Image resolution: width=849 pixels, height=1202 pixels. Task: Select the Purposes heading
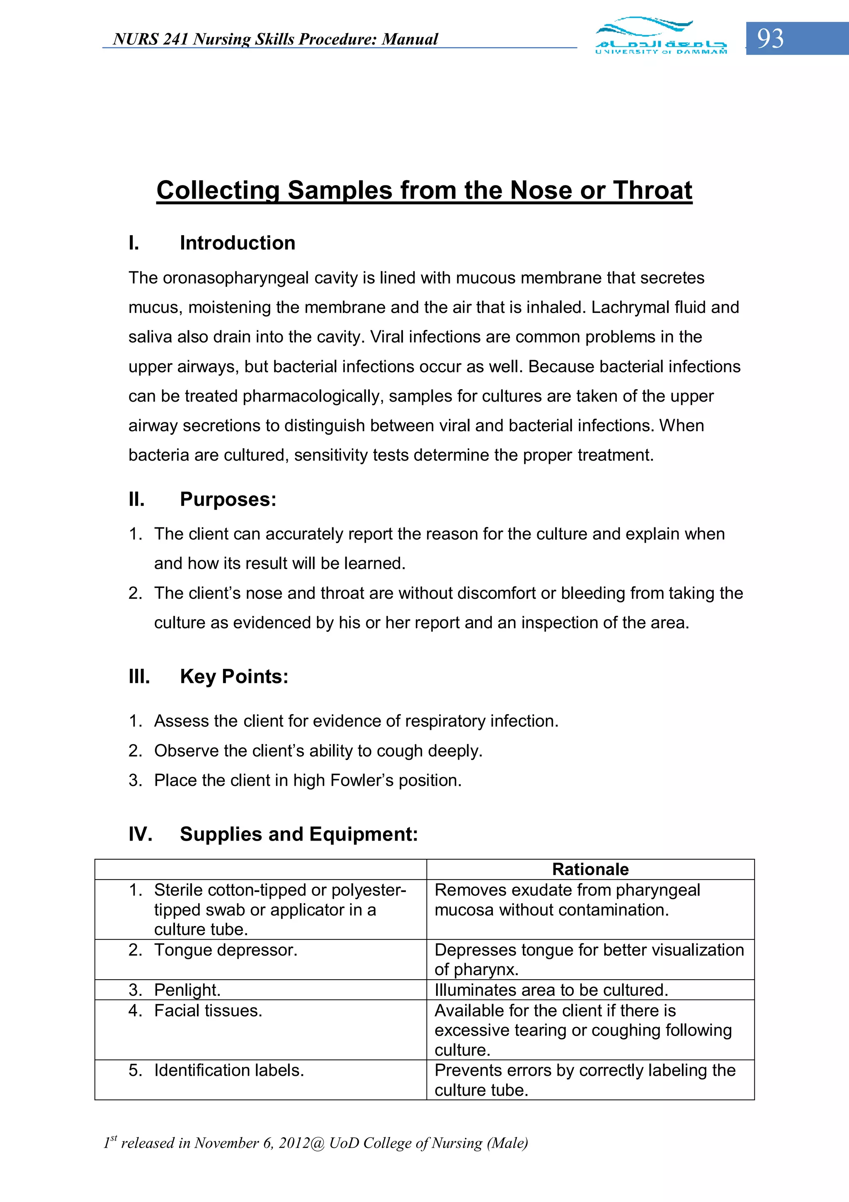coord(228,500)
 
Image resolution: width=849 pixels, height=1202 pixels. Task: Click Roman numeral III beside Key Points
coord(139,676)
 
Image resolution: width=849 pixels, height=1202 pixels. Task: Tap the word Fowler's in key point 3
coord(362,780)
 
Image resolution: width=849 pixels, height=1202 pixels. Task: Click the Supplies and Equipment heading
coord(299,834)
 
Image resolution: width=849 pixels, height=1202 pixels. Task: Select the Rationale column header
coord(590,870)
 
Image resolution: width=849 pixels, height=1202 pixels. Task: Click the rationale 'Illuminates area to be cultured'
coord(551,990)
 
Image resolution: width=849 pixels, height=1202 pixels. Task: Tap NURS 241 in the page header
coord(150,39)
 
